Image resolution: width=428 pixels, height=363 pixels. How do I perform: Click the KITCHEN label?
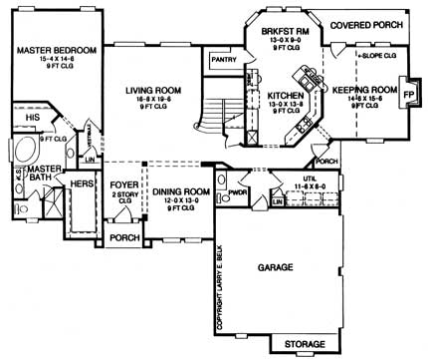(x=282, y=97)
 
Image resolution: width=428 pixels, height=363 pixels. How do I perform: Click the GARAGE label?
(x=282, y=269)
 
